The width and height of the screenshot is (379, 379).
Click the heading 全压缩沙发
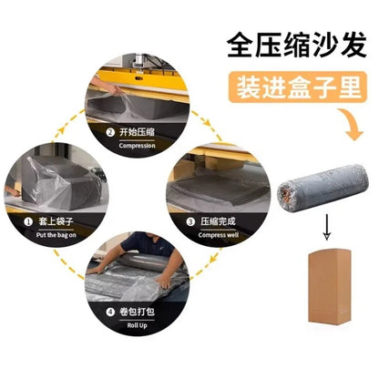tap(297, 46)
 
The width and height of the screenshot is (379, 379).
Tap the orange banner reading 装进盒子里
tap(298, 87)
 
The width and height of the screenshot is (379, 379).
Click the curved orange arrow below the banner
tap(353, 126)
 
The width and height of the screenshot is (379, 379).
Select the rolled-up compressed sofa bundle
tap(323, 188)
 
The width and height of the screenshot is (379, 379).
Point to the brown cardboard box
tap(330, 286)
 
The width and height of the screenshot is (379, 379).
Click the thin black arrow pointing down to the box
tap(326, 227)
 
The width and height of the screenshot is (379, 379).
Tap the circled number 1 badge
tap(28, 222)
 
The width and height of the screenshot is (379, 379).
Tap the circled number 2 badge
tap(110, 133)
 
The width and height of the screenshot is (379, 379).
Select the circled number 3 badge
tap(190, 221)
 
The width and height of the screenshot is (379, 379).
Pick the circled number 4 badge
tap(110, 312)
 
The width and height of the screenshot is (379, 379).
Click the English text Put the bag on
tap(56, 235)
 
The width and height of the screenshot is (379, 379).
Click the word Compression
tap(138, 146)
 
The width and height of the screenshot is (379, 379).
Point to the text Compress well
tap(219, 235)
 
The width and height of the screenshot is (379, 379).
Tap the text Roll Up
tap(138, 325)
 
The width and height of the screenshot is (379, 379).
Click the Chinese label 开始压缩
tap(138, 132)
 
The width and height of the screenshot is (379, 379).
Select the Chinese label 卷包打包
tap(138, 312)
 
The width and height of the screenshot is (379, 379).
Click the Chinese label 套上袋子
tap(56, 221)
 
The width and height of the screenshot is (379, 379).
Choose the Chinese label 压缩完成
tap(218, 221)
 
